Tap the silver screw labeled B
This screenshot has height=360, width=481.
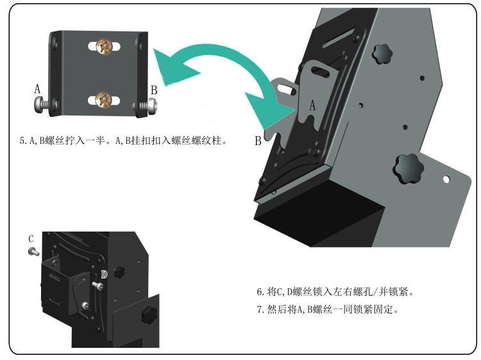[146, 107]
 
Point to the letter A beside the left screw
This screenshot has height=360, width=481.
[37, 89]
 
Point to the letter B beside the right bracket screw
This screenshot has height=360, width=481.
[153, 90]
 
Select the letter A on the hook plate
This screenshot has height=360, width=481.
[312, 107]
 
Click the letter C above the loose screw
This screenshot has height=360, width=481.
[31, 239]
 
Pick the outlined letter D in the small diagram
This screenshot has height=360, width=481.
[103, 274]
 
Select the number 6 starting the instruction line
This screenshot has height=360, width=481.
[260, 291]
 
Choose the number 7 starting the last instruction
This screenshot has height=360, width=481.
[260, 310]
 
